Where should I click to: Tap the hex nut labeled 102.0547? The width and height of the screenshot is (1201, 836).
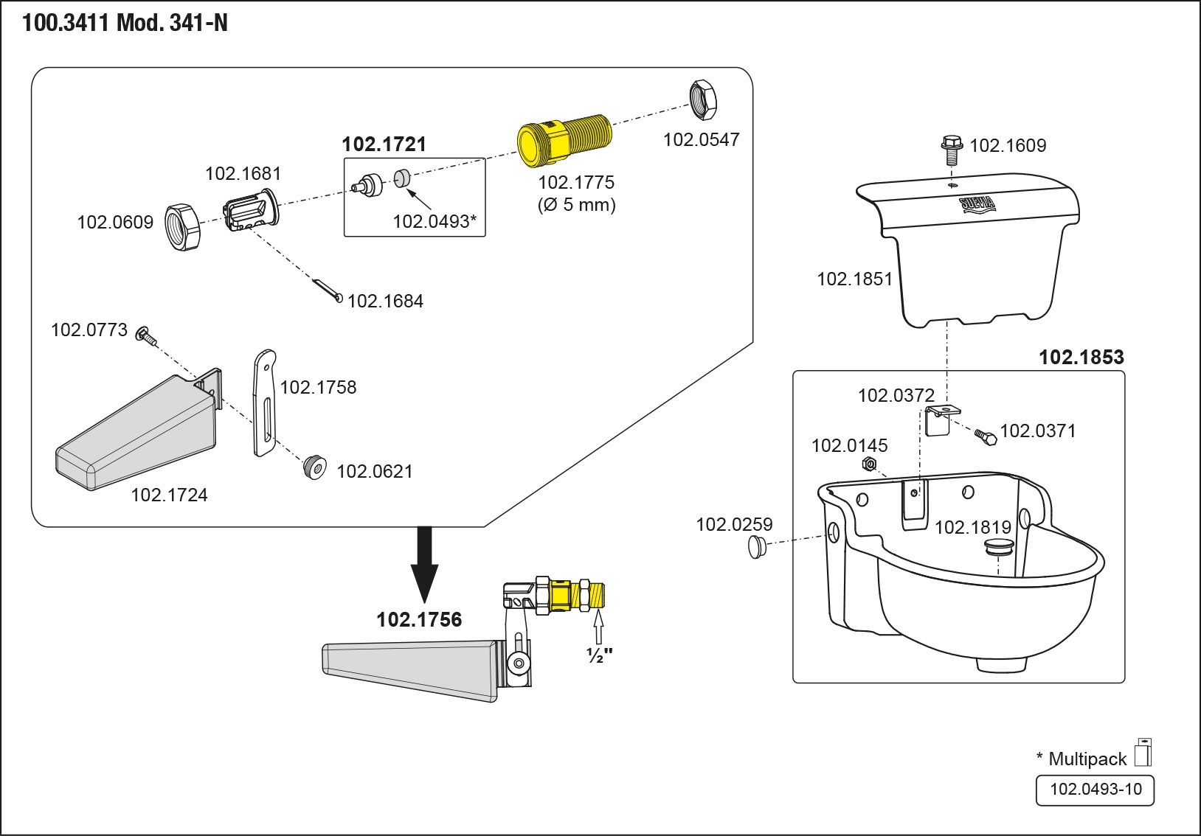click(x=704, y=100)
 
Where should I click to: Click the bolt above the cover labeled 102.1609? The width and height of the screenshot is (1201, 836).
click(x=952, y=150)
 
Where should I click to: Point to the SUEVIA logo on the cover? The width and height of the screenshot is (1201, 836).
click(x=977, y=204)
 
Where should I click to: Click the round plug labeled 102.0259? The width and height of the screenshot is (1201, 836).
click(x=757, y=547)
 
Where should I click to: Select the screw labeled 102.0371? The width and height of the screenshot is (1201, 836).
click(x=985, y=436)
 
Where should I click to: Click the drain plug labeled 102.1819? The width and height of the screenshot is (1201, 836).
click(x=999, y=547)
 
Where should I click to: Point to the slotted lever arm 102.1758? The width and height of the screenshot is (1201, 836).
click(x=264, y=402)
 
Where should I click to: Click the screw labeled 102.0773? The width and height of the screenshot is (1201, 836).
click(x=145, y=336)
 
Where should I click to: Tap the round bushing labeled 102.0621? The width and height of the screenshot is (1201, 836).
click(x=315, y=467)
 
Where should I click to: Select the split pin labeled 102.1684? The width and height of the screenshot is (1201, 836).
click(x=327, y=290)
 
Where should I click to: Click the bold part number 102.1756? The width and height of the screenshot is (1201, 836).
click(x=419, y=619)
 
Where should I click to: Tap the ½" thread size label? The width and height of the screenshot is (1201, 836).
click(x=599, y=655)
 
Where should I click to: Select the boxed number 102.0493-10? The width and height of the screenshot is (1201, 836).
click(x=1095, y=790)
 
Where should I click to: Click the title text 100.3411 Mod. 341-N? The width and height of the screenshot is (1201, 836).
click(x=125, y=24)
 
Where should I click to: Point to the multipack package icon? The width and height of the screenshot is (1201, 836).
click(x=1143, y=753)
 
